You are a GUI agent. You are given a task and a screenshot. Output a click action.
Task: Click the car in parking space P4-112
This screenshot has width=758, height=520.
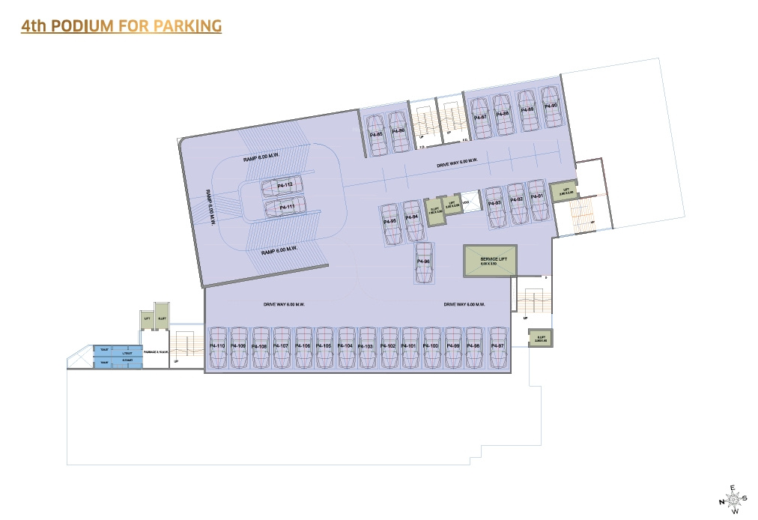coord(284,186)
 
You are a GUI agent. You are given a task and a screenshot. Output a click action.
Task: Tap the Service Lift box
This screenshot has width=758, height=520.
coord(489,261)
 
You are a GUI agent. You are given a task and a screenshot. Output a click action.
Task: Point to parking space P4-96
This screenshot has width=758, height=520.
coord(424,262)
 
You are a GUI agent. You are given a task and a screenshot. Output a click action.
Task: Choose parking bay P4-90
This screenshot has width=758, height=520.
coord(551,109)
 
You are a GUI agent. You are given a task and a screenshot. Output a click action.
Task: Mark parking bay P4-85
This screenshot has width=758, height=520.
coord(376,134)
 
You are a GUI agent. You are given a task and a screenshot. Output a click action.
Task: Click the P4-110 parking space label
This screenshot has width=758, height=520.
coord(218,345)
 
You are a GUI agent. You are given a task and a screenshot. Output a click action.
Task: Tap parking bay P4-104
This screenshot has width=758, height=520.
coord(346,348)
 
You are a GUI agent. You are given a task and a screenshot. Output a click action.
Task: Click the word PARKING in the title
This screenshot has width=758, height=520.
coord(187,26)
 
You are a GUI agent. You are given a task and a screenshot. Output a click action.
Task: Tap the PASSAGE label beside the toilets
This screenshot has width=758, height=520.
coord(154,351)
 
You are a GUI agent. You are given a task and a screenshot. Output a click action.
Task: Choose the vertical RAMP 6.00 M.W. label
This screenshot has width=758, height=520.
coord(211,207)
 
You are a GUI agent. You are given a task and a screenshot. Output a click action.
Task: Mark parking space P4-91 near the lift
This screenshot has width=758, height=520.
coord(536,199)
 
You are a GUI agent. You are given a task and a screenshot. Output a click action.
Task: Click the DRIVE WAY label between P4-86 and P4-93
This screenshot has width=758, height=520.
coord(457,162)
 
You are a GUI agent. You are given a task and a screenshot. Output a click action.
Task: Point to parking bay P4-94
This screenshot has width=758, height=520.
coord(412,219)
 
